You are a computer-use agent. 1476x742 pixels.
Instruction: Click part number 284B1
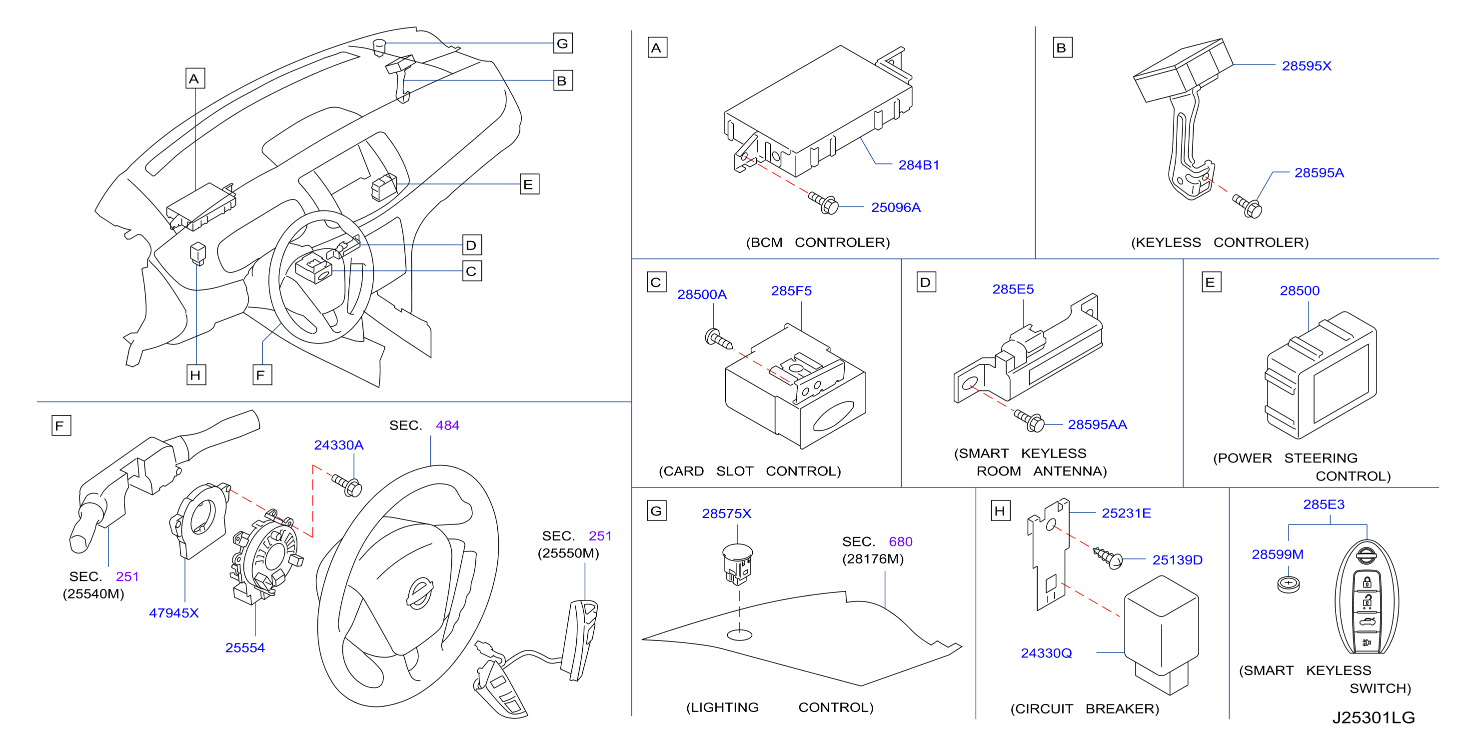[x=919, y=165]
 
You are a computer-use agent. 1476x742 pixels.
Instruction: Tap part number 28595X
[x=1307, y=66]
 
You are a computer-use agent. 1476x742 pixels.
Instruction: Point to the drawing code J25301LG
[x=1374, y=717]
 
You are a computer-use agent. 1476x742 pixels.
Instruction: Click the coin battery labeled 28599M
[x=1289, y=584]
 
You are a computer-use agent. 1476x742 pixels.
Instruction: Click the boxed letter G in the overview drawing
[x=563, y=43]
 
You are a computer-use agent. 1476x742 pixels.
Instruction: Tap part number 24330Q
[x=1046, y=653]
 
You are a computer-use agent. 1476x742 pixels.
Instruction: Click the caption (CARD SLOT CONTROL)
[x=749, y=471]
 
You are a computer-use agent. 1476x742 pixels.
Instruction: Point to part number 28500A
[x=702, y=294]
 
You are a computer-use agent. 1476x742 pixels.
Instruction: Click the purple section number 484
[x=447, y=425]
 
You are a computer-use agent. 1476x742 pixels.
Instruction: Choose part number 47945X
[x=173, y=613]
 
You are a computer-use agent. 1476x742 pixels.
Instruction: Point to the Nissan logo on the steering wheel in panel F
[x=419, y=593]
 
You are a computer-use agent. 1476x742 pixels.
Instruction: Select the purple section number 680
[x=900, y=541]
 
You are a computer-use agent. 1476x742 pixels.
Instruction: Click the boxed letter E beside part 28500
[x=1210, y=282]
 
